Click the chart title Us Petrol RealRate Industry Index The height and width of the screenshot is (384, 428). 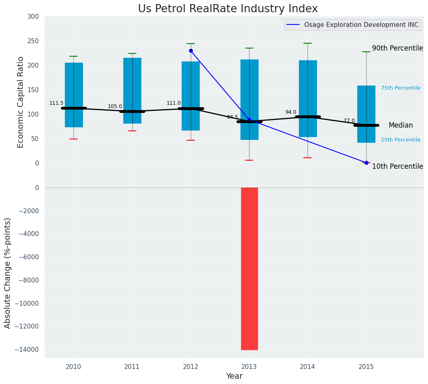(x=228, y=9)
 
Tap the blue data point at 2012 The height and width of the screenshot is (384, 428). (x=191, y=51)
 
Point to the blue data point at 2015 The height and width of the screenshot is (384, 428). (x=366, y=163)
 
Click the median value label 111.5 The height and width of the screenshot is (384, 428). (x=56, y=103)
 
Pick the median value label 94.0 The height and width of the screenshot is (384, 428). (x=291, y=112)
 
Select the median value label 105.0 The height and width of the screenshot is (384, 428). (x=115, y=106)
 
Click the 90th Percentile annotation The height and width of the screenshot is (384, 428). (x=397, y=48)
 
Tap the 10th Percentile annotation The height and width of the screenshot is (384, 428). (x=397, y=166)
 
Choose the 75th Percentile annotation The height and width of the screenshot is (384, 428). (x=401, y=88)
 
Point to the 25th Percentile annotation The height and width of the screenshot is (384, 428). (x=401, y=140)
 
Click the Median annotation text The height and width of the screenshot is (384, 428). (x=401, y=126)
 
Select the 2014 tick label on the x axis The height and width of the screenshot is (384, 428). (x=308, y=367)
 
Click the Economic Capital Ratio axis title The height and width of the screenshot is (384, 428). (x=21, y=102)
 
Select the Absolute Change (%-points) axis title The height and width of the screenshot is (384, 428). (x=8, y=273)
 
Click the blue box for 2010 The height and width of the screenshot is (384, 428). (x=74, y=95)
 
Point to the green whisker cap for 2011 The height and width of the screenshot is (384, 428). (x=132, y=53)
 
